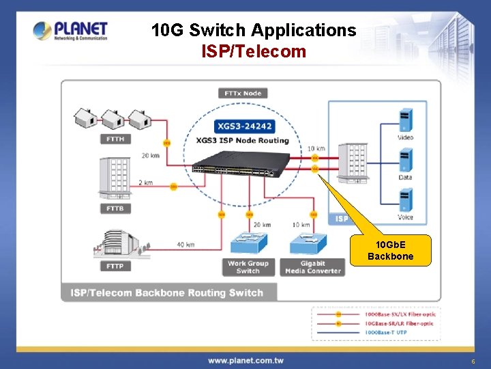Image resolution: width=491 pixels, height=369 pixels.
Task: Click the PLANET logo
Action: (70, 31)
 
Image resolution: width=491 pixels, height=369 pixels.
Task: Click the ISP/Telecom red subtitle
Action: (254, 51)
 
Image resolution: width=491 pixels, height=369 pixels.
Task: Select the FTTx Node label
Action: (243, 93)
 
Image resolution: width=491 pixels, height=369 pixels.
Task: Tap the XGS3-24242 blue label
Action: (243, 126)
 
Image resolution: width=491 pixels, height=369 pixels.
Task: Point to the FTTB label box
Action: (115, 208)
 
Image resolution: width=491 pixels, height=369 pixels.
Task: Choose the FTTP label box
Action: (115, 266)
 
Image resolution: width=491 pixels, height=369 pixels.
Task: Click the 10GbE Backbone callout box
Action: (390, 251)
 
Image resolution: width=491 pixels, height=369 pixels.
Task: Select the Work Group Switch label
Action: (248, 266)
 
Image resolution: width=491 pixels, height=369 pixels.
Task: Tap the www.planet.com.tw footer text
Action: (245, 360)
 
